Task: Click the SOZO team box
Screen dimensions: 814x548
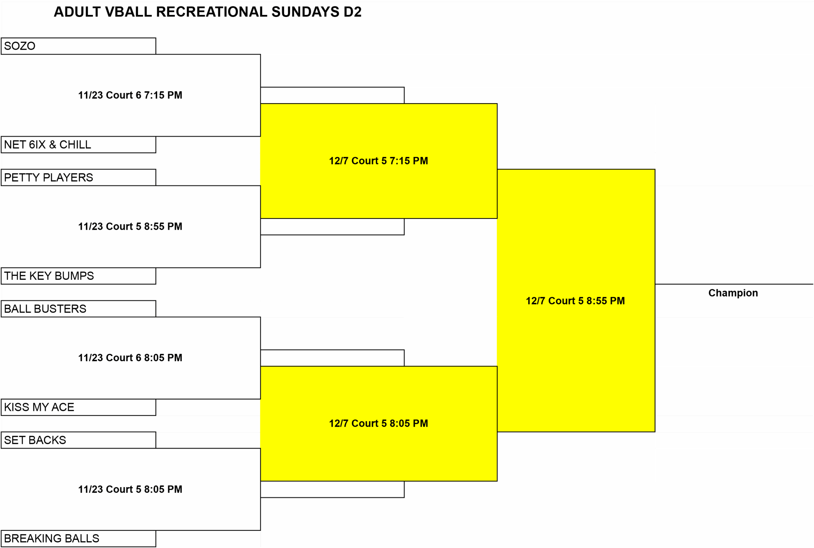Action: (78, 46)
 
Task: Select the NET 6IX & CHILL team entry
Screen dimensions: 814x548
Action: (78, 145)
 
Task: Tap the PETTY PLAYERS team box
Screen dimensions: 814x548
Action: (78, 178)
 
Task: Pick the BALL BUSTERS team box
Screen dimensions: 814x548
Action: (78, 309)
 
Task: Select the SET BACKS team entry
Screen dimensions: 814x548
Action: (78, 440)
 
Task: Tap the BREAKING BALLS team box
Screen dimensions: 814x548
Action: (78, 538)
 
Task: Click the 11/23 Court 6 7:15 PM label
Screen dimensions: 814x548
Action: (130, 95)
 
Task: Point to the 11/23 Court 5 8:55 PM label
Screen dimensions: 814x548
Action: (130, 227)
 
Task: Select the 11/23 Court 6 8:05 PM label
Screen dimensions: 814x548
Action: (130, 358)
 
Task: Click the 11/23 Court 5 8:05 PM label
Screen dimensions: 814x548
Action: (130, 489)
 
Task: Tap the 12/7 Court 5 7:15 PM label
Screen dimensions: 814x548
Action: (378, 161)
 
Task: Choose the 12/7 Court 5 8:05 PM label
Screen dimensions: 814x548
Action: (378, 424)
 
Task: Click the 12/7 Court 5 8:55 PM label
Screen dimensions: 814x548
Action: (576, 301)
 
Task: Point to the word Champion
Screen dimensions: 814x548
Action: (733, 293)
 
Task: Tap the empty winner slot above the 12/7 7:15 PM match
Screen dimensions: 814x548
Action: (333, 95)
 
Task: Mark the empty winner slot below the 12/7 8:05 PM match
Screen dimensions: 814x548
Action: (333, 489)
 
